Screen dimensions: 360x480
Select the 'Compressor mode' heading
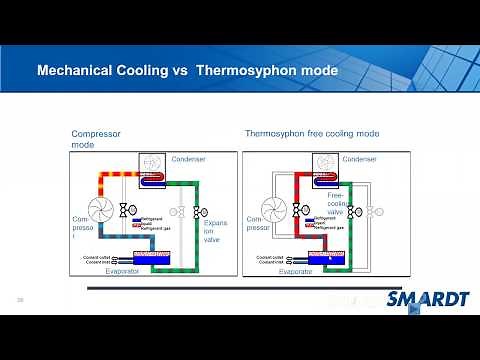tap(96, 139)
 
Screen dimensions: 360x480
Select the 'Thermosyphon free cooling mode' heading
tap(312, 133)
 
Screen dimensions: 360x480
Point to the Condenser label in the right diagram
tap(361, 158)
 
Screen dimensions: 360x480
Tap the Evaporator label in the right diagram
tap(296, 271)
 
